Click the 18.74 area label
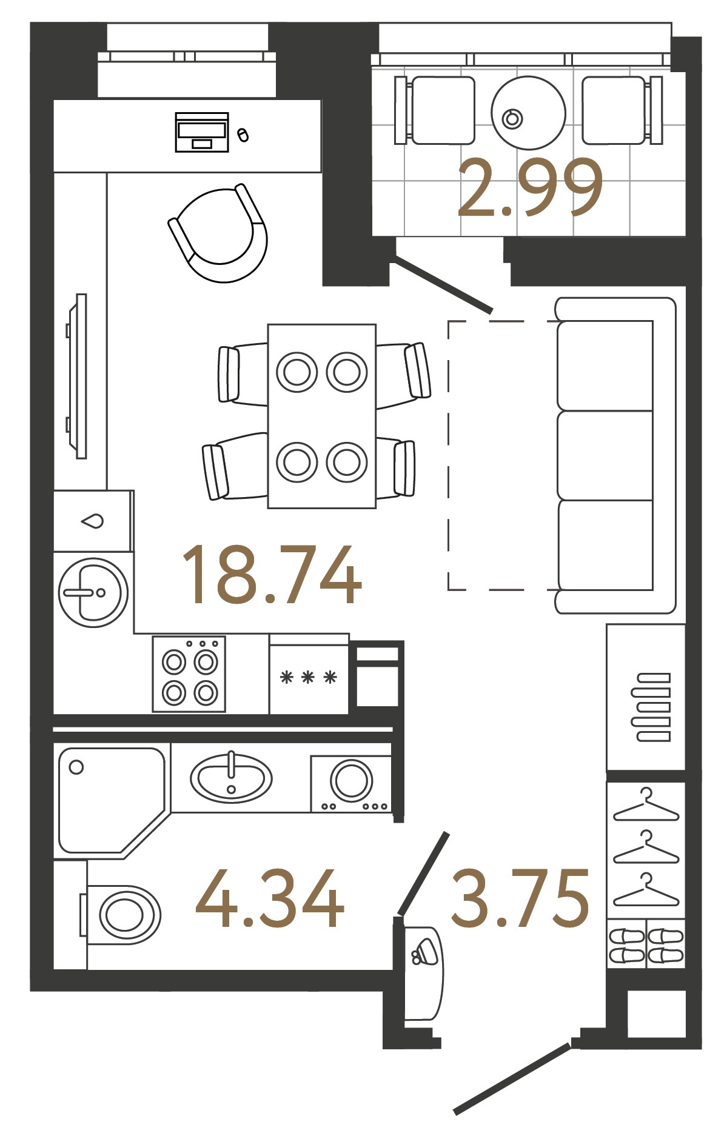click(272, 574)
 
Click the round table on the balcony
click(529, 113)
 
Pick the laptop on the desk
click(202, 132)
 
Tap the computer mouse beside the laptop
click(243, 135)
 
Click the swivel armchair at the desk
click(218, 233)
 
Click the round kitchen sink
click(93, 592)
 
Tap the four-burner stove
click(189, 673)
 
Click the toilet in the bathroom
click(121, 915)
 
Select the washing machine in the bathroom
click(351, 783)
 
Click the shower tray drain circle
click(76, 767)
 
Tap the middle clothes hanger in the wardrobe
click(646, 848)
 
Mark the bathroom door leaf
click(423, 874)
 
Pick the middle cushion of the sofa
click(605, 456)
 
